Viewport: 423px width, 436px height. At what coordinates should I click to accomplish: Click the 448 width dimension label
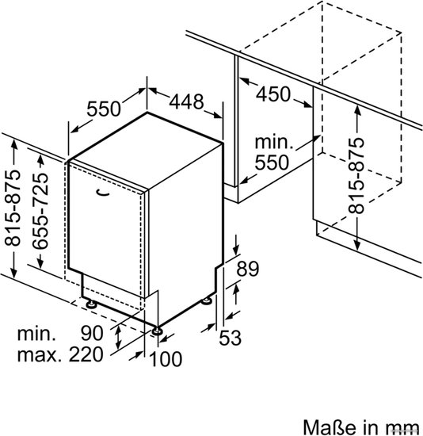click(186, 101)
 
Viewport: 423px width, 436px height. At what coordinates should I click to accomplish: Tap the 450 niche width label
click(273, 94)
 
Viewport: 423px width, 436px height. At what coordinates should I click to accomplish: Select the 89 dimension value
click(248, 269)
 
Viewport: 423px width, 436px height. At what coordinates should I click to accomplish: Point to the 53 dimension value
click(231, 338)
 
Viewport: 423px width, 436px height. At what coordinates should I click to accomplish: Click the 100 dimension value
click(166, 359)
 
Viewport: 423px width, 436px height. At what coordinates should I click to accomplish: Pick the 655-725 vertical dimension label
click(40, 211)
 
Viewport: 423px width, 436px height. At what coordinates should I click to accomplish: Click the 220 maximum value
click(86, 354)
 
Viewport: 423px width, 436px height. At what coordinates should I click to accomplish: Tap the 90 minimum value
click(92, 334)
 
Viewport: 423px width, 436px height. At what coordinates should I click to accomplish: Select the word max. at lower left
click(39, 355)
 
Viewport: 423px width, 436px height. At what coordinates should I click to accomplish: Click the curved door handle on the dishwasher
click(102, 193)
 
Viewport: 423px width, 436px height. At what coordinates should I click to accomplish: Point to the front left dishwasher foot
click(90, 304)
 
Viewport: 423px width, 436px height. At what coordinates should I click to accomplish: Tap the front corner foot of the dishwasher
click(158, 331)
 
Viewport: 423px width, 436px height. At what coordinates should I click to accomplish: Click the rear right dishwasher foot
click(207, 300)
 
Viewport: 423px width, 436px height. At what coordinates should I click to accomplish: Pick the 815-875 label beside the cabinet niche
click(356, 176)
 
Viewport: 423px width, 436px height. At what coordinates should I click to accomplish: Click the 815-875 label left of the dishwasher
click(13, 208)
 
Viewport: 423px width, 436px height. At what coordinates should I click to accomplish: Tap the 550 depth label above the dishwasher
click(104, 109)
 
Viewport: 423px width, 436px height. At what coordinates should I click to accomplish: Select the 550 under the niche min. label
click(272, 163)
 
